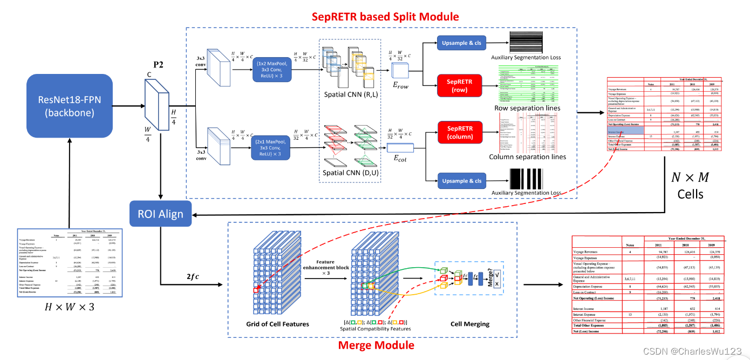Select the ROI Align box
[160, 214]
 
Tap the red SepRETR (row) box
[459, 86]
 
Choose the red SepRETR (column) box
[459, 133]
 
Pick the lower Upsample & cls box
[461, 181]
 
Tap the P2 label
[158, 65]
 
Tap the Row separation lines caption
[527, 108]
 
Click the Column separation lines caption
[527, 157]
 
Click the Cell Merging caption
[470, 324]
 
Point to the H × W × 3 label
[69, 307]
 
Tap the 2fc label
[193, 277]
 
